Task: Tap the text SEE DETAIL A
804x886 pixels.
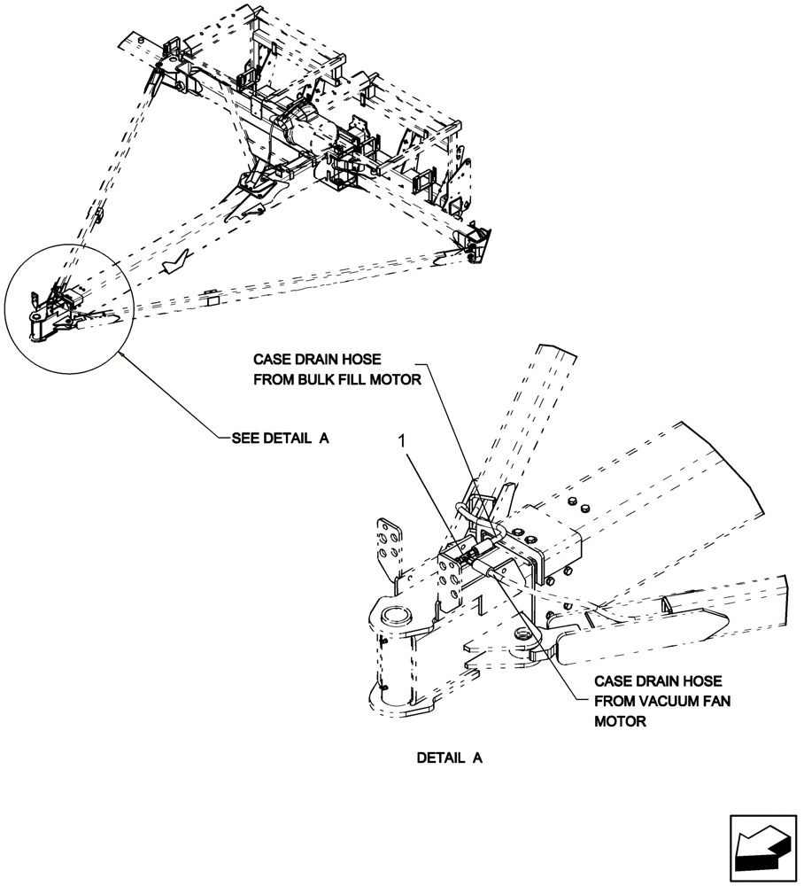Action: coord(280,438)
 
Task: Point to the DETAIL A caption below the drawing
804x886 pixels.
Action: coord(449,758)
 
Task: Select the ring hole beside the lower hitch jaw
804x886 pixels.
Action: coord(522,633)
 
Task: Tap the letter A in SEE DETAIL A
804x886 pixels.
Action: coord(323,438)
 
